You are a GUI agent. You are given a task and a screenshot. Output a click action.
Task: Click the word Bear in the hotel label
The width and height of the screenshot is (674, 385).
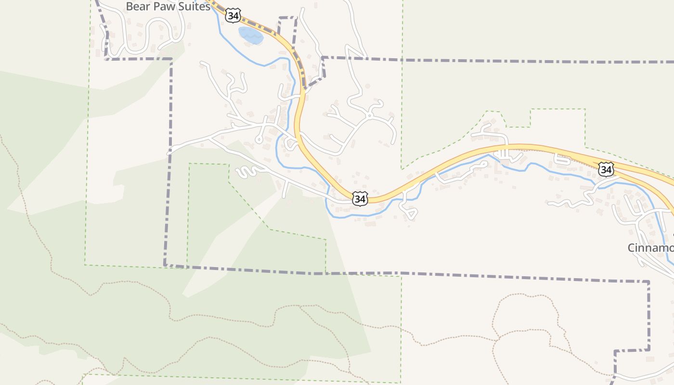coord(137,6)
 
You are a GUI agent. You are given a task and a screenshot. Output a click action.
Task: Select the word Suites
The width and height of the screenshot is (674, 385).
coord(193,6)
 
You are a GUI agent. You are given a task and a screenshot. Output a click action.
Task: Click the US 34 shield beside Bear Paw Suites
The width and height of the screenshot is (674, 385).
coord(233,16)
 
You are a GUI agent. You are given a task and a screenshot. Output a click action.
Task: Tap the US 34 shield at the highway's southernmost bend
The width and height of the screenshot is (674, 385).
coord(360,199)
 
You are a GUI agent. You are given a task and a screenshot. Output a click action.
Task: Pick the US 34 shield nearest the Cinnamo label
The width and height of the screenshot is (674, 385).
coord(606,169)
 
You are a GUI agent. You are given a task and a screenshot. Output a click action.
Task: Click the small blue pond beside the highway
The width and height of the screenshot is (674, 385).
coord(251,35)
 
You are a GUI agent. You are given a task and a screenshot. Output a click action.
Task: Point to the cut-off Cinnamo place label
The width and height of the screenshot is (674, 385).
coord(650,248)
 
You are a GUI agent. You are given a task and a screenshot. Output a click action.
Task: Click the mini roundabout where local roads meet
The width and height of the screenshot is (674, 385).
coord(369,115)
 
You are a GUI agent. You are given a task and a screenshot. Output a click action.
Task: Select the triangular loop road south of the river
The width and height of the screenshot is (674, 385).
coord(410,212)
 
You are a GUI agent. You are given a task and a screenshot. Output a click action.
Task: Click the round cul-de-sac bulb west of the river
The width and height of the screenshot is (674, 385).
coord(259,140)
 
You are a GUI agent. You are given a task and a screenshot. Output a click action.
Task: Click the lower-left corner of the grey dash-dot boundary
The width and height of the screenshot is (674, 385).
coord(165,265)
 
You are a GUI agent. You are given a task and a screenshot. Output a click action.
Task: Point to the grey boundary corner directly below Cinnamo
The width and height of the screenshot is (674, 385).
coord(648,282)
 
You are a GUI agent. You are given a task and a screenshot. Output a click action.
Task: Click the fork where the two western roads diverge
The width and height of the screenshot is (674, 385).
coord(209,138)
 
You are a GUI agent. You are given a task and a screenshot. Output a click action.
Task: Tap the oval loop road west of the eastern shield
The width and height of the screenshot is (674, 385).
coord(561,160)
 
